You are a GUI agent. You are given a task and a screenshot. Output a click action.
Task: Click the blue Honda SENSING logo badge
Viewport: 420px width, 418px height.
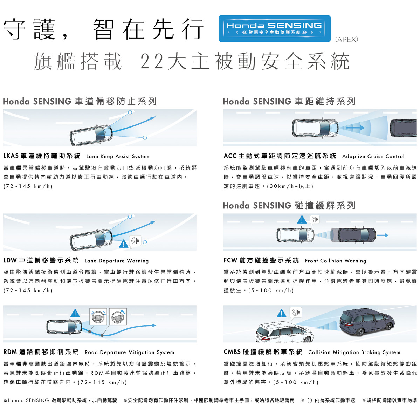pos(275,28)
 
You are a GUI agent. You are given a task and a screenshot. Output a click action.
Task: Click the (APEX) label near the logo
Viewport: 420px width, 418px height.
pos(346,39)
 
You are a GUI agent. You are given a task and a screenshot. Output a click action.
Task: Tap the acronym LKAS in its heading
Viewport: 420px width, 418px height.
pos(11,156)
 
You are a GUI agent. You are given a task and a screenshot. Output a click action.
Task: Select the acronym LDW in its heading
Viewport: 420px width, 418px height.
pos(10,260)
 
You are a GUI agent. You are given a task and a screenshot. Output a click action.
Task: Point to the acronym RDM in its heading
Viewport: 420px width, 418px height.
pos(10,352)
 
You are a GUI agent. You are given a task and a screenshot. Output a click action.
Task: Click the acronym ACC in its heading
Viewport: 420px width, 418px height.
pos(230,156)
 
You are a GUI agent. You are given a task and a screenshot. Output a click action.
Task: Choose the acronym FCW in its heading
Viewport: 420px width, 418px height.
pos(230,260)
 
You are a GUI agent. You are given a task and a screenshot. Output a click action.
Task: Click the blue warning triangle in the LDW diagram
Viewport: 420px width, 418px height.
pos(124,244)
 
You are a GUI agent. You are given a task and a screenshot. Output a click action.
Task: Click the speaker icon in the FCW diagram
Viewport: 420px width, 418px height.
pos(315,220)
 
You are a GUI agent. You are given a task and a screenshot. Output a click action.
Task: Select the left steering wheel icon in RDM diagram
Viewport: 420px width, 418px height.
pos(98,317)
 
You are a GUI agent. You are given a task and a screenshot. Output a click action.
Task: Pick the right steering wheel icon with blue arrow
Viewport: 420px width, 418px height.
pos(118,317)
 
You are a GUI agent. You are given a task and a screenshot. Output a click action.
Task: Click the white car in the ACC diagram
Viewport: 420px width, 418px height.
pos(315,128)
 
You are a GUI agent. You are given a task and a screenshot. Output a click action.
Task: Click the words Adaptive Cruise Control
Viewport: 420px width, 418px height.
pos(373,156)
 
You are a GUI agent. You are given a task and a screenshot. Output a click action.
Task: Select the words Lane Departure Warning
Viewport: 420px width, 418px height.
pos(117,261)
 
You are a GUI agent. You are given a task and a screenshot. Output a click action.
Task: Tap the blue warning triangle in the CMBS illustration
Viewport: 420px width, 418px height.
pos(282,313)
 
